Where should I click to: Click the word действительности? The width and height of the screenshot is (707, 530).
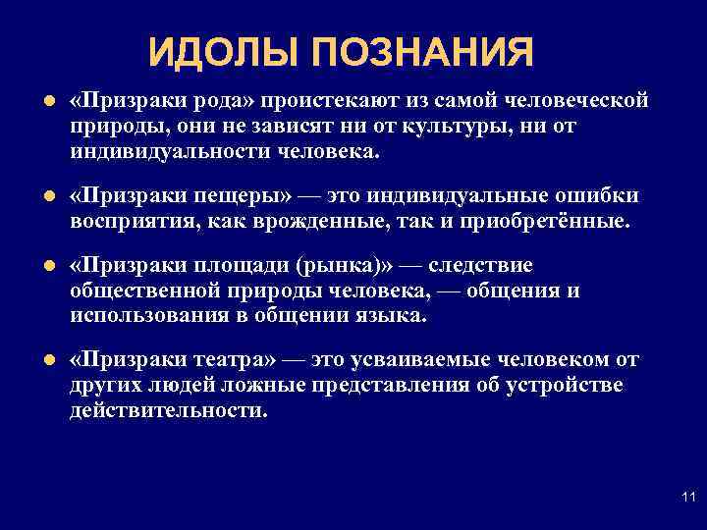(x=168, y=409)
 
